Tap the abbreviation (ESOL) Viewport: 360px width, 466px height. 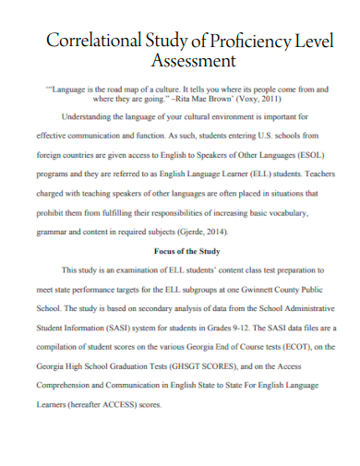pyautogui.click(x=304, y=157)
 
